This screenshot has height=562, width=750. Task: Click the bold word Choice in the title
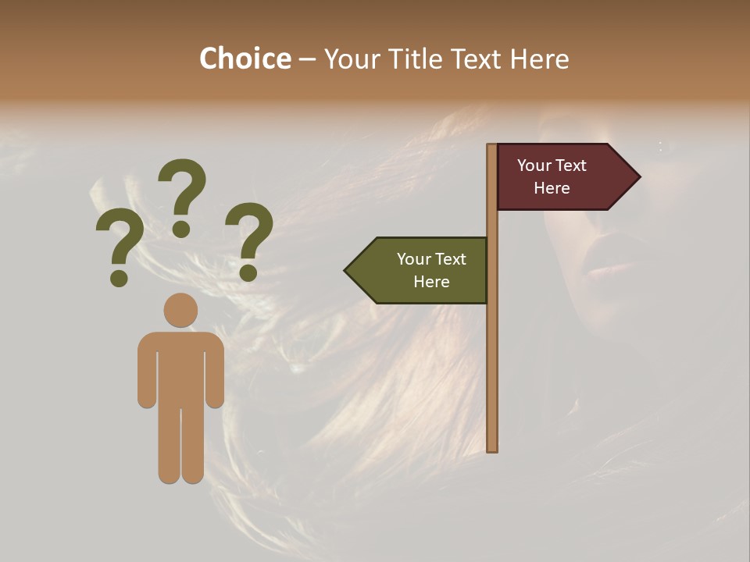[245, 59]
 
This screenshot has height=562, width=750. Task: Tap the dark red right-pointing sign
[562, 177]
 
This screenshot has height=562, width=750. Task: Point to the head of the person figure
[180, 310]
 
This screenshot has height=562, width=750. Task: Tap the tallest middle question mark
[182, 191]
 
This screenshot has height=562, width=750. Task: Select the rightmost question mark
[249, 234]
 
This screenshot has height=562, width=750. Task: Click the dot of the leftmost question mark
[119, 278]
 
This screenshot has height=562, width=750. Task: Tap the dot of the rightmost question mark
[248, 272]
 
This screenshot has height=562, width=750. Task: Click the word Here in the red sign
[552, 188]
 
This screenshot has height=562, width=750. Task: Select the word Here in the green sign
[431, 282]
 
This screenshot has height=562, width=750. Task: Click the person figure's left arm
[147, 371]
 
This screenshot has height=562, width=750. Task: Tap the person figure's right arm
[215, 371]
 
